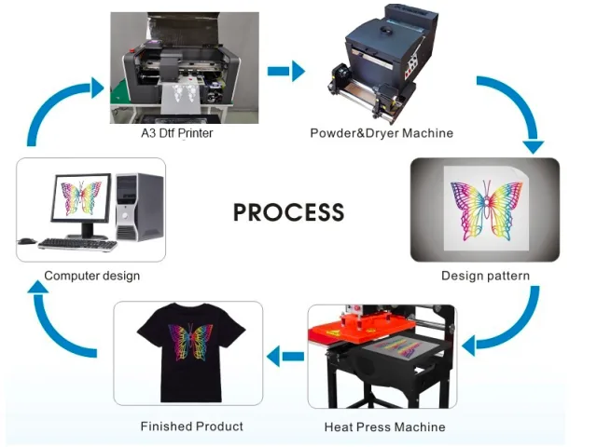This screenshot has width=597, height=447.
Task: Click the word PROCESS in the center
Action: click(288, 212)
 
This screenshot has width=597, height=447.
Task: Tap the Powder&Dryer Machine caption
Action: click(382, 133)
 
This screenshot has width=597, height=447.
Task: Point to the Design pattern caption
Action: click(485, 276)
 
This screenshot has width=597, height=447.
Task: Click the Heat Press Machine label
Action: click(384, 427)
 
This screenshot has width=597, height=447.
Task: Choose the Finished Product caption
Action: click(191, 426)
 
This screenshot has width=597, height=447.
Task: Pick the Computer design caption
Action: click(91, 276)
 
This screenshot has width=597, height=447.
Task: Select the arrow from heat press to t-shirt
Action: click(285, 354)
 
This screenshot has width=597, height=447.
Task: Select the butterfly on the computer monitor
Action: click(82, 196)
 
